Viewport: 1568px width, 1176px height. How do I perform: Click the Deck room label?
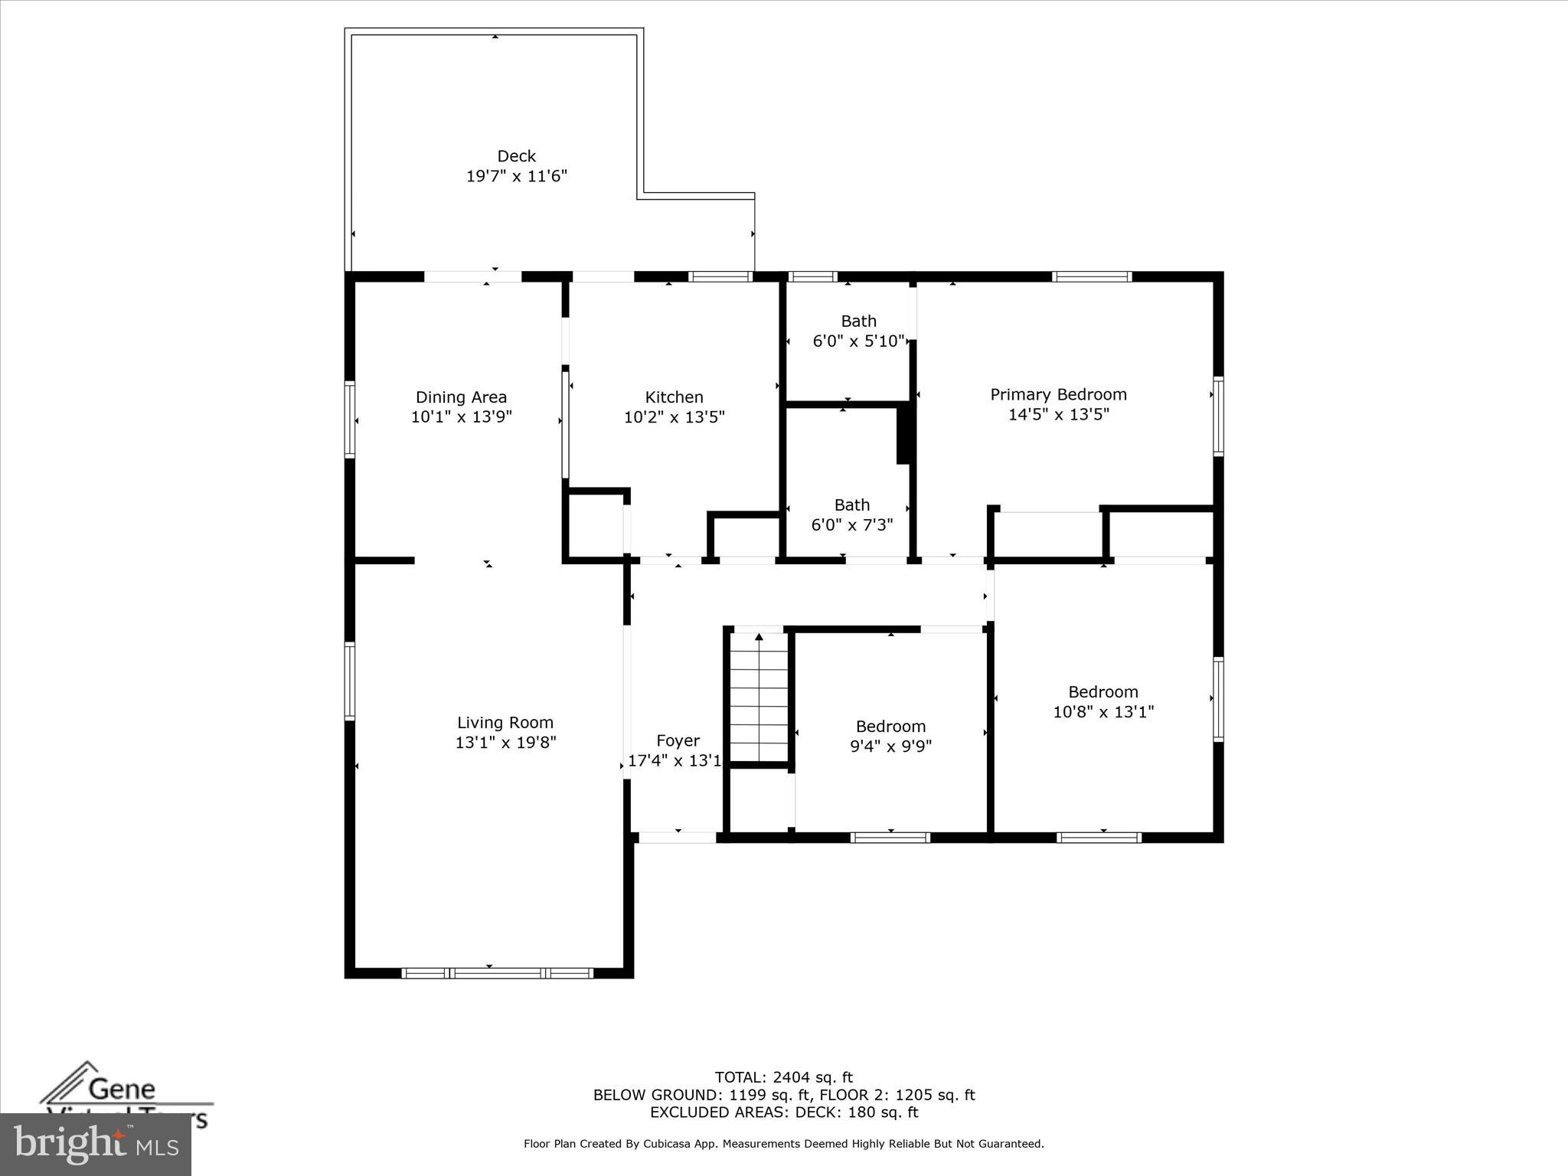click(x=516, y=156)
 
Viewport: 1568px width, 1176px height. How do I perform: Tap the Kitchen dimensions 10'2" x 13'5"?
click(x=674, y=417)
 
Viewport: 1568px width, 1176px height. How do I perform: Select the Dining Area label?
click(x=461, y=397)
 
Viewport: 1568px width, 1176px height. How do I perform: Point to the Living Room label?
click(x=505, y=722)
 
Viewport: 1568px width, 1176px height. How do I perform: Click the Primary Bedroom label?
click(x=1058, y=394)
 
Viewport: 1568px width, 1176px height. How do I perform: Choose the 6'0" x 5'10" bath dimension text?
click(x=858, y=341)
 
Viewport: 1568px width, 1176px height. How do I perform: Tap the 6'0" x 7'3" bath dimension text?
click(x=851, y=525)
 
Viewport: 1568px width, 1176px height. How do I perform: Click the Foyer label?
click(x=678, y=740)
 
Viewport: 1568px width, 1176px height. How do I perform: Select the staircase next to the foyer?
click(x=759, y=697)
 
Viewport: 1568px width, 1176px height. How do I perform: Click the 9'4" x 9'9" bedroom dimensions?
click(x=890, y=746)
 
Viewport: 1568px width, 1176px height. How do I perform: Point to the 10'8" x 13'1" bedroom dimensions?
click(x=1102, y=712)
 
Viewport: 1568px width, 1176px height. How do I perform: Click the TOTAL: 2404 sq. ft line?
click(x=783, y=1078)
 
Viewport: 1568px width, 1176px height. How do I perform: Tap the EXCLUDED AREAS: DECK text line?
click(x=783, y=1112)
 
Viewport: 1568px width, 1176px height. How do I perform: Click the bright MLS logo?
click(x=96, y=1145)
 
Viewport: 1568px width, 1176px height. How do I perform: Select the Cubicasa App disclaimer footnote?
click(x=783, y=1144)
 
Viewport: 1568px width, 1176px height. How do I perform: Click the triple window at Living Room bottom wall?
click(x=497, y=973)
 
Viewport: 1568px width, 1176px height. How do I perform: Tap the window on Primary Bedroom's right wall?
click(x=1217, y=416)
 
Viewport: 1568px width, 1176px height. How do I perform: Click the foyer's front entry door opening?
click(x=678, y=838)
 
